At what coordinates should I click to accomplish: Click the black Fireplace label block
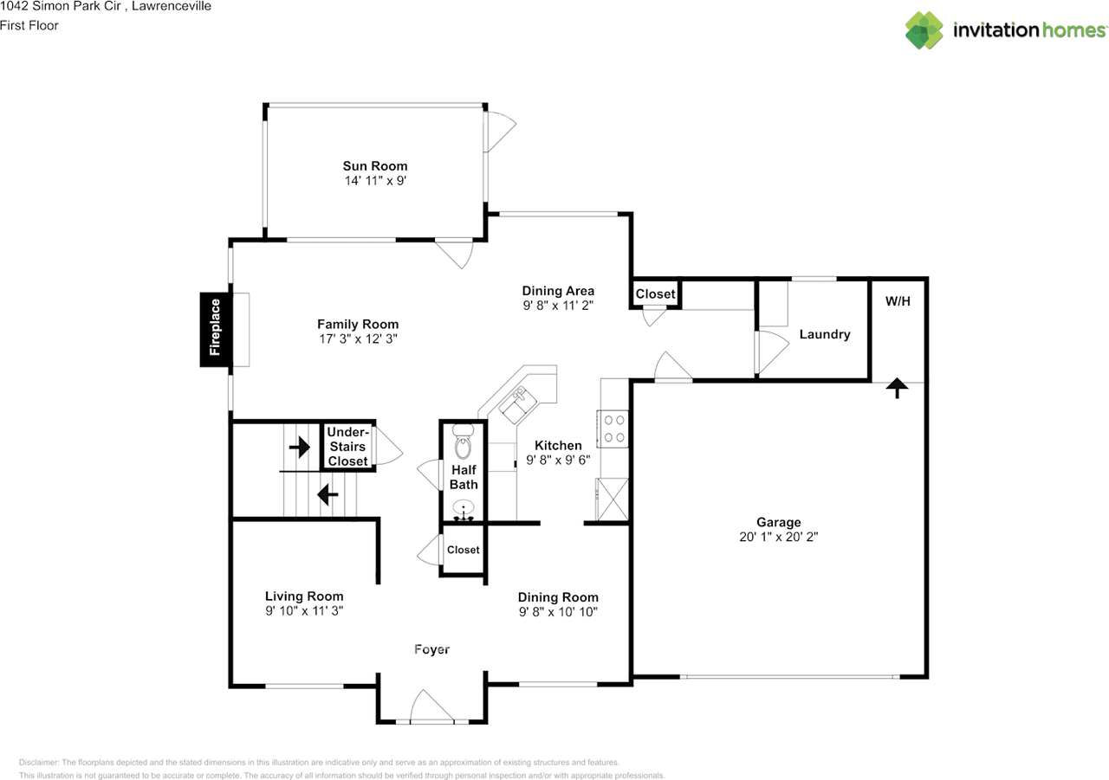point(215,329)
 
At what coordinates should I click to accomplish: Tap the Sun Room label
point(374,166)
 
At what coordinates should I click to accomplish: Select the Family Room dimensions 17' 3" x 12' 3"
point(356,339)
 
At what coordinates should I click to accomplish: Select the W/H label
point(898,302)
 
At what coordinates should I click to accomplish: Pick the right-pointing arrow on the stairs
point(300,447)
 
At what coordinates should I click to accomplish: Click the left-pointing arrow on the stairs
point(327,494)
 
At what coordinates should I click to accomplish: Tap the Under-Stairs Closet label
point(347,446)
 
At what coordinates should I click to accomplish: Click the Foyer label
point(431,649)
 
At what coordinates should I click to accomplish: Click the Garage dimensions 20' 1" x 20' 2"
point(777,537)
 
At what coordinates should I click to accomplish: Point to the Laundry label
point(824,334)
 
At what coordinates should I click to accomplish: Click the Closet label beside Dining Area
point(655,294)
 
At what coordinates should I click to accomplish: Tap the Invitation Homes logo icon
point(924,30)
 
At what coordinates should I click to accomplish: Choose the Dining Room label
point(558,597)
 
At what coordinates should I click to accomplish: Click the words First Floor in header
point(29,25)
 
